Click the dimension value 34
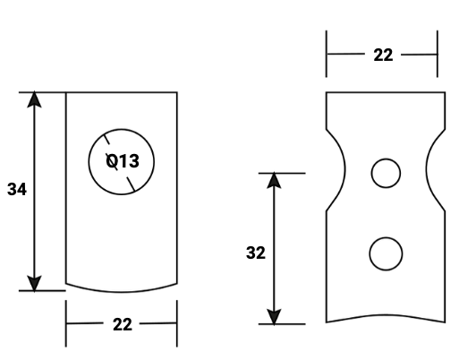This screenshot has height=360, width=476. click(16, 190)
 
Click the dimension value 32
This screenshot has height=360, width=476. click(256, 253)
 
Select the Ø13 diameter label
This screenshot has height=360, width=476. click(123, 162)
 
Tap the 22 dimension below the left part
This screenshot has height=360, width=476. click(122, 324)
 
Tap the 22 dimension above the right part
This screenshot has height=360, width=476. click(382, 55)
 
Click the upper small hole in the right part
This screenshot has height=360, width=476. click(386, 173)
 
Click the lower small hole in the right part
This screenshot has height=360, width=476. click(386, 253)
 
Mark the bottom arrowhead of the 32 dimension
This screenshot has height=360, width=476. click(275, 316)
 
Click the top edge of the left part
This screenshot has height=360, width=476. click(122, 92)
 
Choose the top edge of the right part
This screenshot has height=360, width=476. click(385, 92)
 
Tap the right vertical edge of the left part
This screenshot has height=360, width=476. click(176, 188)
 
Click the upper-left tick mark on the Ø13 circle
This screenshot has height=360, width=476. click(106, 140)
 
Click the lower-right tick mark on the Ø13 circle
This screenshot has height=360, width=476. click(132, 184)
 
